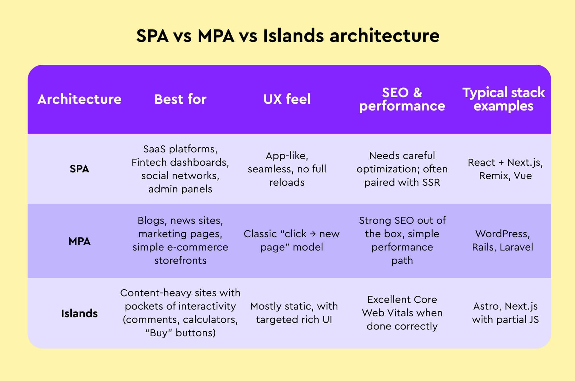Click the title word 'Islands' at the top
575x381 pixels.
pos(293,36)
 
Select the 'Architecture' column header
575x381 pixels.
pos(79,99)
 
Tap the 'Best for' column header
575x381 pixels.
pos(180,99)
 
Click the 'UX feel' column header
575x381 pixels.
pos(287,99)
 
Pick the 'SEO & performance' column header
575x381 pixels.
pos(402,99)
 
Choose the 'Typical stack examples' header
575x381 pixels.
pos(503,99)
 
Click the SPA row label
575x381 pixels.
pos(79,169)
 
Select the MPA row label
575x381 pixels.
pos(79,241)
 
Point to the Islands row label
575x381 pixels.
pos(79,314)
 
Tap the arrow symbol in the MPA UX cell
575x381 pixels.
pos(313,234)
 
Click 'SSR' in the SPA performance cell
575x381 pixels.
pos(431,183)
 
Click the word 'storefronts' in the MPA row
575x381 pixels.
pos(180,261)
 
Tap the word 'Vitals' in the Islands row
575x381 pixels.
pos(393,313)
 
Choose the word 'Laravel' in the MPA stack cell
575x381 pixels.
pos(516,247)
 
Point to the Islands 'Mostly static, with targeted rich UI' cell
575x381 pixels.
pos(294,313)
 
